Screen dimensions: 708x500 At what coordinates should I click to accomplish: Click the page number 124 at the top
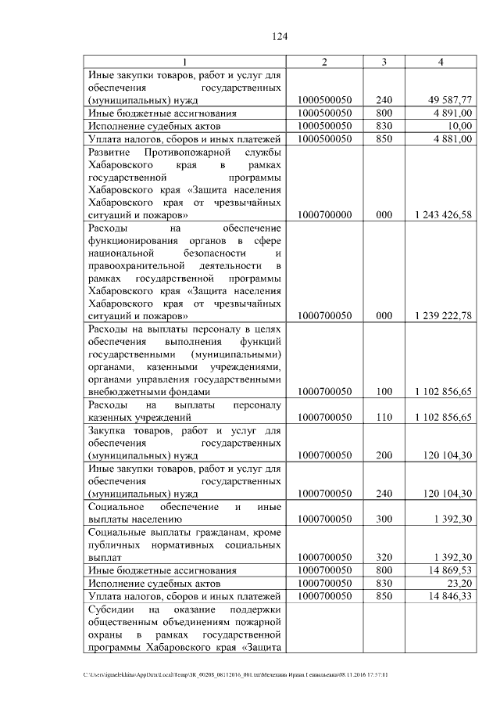pyautogui.click(x=280, y=36)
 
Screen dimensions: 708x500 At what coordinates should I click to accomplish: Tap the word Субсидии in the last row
pyautogui.click(x=112, y=609)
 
